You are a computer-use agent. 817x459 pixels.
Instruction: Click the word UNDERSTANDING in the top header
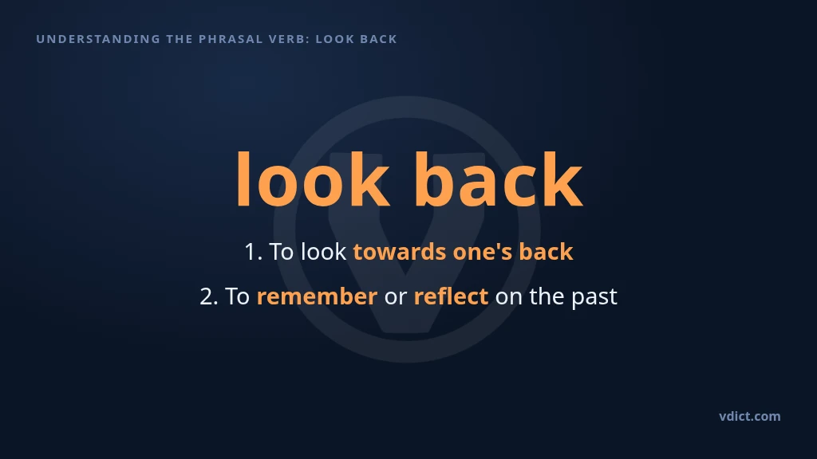click(98, 39)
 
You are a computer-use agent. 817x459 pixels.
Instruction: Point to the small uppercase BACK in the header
click(377, 39)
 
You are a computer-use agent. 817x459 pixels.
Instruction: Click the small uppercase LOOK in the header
click(334, 39)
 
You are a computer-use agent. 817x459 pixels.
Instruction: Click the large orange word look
click(313, 179)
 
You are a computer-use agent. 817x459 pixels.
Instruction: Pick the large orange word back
click(499, 179)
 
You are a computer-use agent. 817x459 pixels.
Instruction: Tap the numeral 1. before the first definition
click(253, 252)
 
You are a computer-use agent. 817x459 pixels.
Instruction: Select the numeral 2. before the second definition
click(209, 296)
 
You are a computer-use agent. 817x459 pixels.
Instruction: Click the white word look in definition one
click(324, 252)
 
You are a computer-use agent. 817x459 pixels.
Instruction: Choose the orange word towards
click(400, 252)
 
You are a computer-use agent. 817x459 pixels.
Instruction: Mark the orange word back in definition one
click(546, 252)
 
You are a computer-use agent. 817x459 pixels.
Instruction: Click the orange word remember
click(317, 296)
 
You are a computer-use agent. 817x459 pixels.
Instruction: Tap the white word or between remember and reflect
click(396, 298)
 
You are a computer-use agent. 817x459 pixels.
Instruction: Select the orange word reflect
click(452, 296)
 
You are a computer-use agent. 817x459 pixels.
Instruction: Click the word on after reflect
click(508, 298)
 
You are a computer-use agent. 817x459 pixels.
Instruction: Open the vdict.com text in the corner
click(750, 416)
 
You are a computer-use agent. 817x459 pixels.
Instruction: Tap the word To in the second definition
click(238, 296)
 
